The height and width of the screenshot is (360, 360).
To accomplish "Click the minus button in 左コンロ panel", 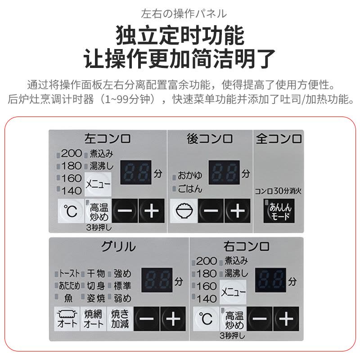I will (x=124, y=211).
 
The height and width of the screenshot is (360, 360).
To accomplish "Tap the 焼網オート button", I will (x=94, y=319).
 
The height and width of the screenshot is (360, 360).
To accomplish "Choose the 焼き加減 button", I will (x=120, y=319).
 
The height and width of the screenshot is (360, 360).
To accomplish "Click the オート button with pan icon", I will (x=66, y=319).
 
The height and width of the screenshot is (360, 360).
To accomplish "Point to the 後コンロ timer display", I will (x=224, y=173).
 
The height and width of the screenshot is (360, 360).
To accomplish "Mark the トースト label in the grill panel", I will (x=69, y=273).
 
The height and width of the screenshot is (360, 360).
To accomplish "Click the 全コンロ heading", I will (x=279, y=139).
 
